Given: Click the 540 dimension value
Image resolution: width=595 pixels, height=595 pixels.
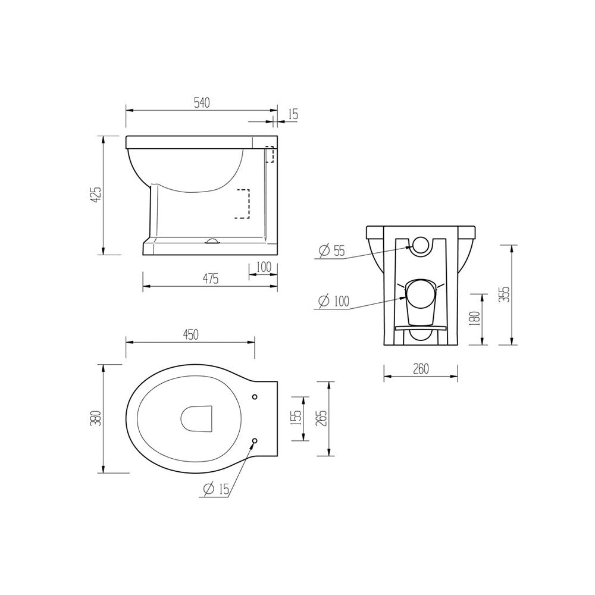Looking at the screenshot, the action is [202, 103].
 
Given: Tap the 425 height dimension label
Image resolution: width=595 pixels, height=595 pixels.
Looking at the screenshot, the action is [97, 195].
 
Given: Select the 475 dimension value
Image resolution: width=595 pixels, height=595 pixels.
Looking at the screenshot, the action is [210, 279].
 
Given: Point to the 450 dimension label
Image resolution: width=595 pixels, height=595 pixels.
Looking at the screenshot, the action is [190, 334].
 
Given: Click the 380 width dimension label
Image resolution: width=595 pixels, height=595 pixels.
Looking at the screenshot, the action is [97, 418].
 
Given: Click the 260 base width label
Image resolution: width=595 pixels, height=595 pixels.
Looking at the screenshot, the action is [421, 368].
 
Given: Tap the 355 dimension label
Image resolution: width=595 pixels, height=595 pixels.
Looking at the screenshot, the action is [505, 295].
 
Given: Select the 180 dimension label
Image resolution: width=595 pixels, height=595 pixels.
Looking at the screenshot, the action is [475, 318].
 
